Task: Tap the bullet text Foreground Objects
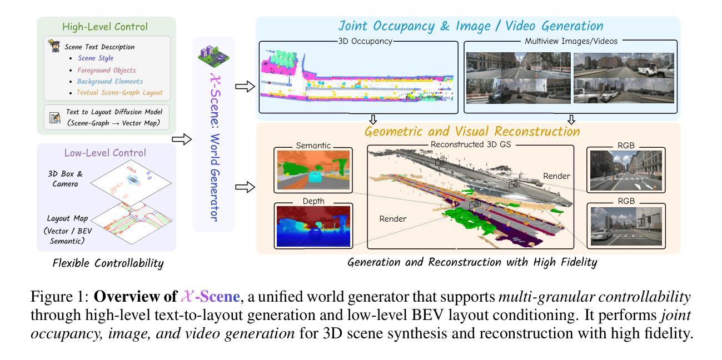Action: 107,71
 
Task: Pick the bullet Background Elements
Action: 109,81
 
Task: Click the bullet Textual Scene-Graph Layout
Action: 123,92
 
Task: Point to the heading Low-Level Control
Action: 106,152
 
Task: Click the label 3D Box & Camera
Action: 64,178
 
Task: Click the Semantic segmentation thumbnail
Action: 313,170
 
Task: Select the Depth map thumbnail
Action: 313,226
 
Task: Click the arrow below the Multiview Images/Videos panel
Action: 571,119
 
